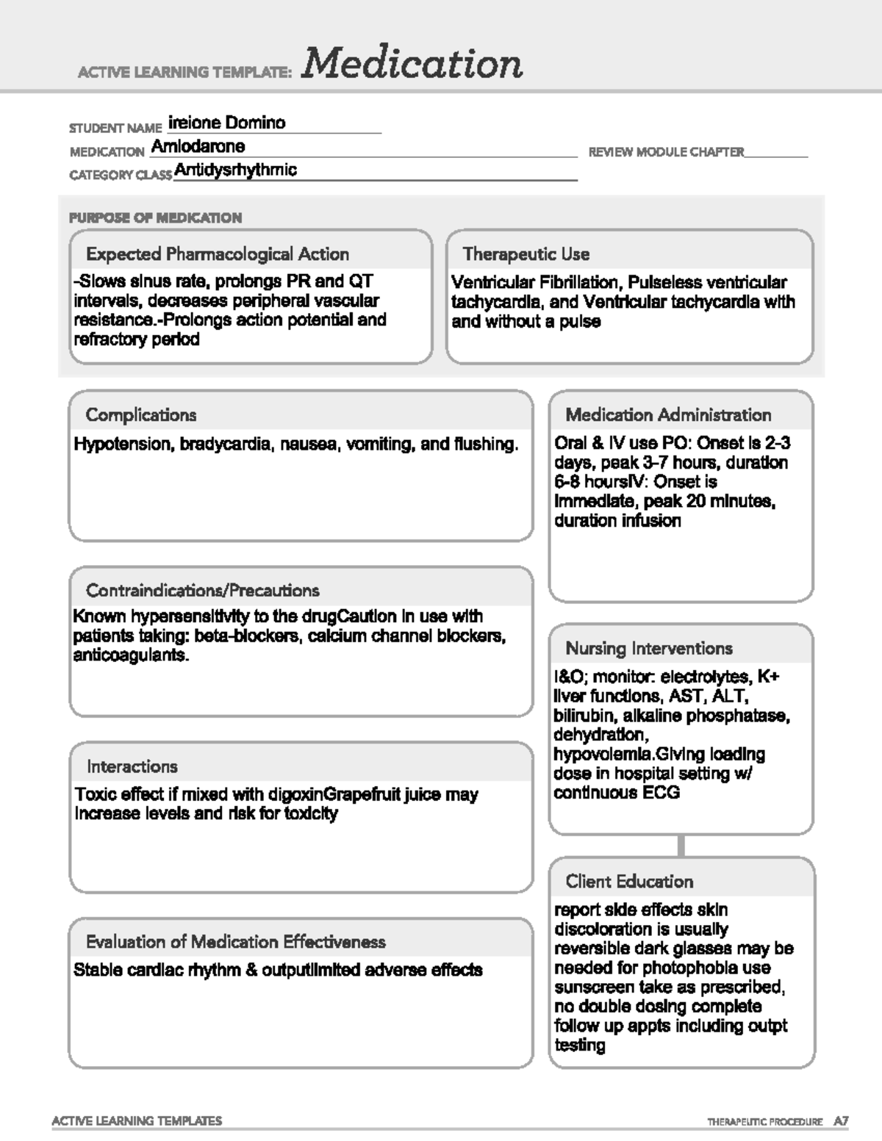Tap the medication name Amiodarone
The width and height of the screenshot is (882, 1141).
198,146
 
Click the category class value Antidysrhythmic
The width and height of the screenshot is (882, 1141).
236,170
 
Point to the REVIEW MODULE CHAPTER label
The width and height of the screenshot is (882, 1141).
666,152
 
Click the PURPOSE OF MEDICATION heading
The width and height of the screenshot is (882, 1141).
155,217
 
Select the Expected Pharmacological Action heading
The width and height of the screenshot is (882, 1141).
218,254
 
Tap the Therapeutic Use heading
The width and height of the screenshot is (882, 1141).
526,254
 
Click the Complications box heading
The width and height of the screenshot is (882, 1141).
141,415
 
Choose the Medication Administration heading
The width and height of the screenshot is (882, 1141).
668,415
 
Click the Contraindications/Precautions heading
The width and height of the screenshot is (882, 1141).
203,591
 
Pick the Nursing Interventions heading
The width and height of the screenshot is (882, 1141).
649,649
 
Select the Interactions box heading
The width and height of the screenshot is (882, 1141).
132,766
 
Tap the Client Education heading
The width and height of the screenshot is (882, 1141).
629,882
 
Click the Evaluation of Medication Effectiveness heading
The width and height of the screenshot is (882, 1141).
236,942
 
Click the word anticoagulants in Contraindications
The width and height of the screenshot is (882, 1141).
131,655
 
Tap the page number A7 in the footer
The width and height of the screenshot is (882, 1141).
841,1121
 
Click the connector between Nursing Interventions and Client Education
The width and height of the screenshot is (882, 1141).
681,846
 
